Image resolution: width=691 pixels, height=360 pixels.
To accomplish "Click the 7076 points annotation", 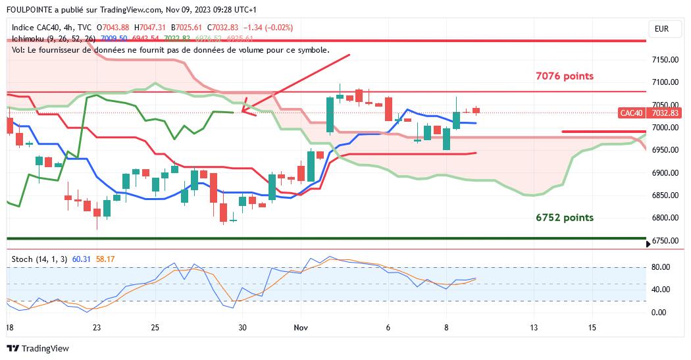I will point(565,76).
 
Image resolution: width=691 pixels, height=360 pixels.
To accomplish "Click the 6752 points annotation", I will point(565,218).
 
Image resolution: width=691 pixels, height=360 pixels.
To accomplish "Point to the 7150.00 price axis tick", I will point(665,60).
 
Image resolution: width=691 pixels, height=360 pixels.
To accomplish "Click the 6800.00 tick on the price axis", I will point(665,219).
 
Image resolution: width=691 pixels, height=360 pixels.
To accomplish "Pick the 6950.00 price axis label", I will point(665,150).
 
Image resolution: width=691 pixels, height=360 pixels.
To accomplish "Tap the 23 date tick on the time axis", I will point(97,327).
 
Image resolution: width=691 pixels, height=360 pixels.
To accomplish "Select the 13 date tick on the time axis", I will point(534,327).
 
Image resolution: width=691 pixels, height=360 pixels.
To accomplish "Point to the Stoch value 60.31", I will point(82,259).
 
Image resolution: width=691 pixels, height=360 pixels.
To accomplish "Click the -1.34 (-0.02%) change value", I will point(269,28).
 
